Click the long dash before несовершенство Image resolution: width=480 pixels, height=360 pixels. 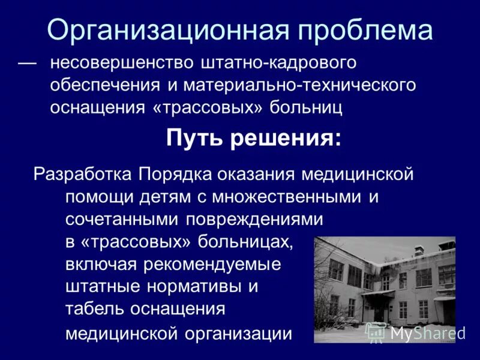(x=27, y=62)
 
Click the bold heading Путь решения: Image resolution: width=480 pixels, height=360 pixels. (x=254, y=139)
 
